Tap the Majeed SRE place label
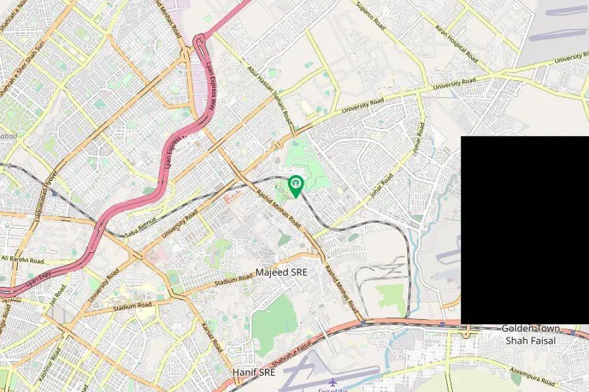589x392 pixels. pos(281,272)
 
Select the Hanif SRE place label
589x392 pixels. pos(254,372)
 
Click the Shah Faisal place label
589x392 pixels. pos(529,340)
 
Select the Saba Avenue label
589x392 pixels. pos(141,225)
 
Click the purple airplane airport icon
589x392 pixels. pos(333,382)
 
